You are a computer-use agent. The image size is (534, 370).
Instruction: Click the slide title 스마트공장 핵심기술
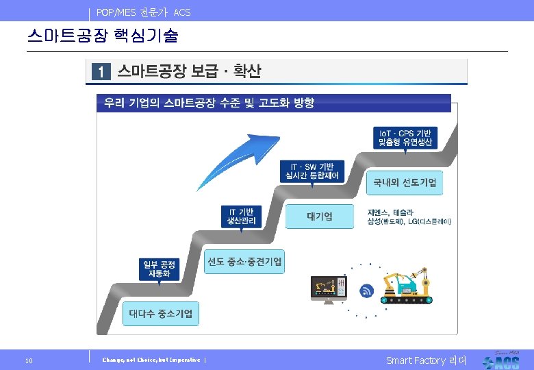102,35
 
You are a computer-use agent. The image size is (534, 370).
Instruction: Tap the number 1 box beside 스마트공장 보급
100,71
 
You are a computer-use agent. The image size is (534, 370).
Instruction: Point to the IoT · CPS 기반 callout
405,137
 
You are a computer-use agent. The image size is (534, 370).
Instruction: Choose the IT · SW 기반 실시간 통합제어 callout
312,171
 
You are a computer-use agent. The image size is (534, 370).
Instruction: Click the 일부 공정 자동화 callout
158,269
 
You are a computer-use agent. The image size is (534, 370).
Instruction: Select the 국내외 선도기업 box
405,183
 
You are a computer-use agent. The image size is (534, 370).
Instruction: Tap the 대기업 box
320,217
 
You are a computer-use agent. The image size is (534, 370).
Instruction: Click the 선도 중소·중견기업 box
244,261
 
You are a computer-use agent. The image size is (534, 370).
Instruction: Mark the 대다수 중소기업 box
161,314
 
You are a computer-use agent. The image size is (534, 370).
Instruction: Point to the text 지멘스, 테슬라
391,213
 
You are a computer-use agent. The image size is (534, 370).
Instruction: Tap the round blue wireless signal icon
367,291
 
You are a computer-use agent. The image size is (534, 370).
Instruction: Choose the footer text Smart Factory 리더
426,360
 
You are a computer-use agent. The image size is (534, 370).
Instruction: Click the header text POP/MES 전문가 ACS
144,12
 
